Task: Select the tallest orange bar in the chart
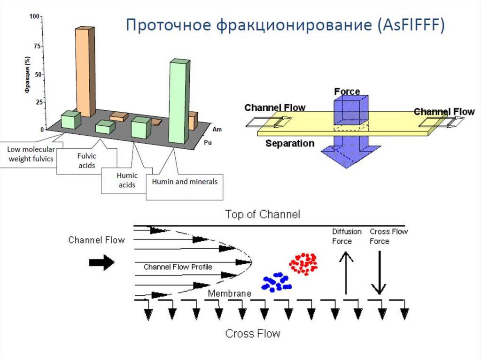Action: click(85, 70)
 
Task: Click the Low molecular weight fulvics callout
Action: click(30, 153)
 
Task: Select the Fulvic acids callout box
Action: click(86, 161)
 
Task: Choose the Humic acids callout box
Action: click(126, 180)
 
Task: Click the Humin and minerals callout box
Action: click(185, 181)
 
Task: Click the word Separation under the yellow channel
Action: click(290, 143)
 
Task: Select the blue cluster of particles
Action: click(276, 282)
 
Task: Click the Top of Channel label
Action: click(262, 215)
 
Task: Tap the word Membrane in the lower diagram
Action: click(230, 293)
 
